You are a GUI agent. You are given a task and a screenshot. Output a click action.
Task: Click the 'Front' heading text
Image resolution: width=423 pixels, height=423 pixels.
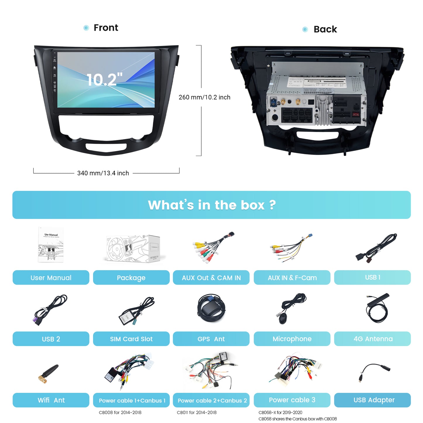click(106, 28)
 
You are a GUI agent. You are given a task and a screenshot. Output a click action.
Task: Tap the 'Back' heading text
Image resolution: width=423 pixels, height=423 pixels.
click(325, 29)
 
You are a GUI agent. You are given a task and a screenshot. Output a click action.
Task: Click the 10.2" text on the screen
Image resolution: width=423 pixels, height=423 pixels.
click(105, 79)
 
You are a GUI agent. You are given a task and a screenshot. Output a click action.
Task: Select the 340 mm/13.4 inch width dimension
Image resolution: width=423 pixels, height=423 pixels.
click(103, 173)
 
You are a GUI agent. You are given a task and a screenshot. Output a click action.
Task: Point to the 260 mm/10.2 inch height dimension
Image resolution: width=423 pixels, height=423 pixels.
click(204, 97)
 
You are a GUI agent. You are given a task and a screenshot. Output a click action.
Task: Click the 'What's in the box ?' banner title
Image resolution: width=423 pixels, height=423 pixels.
click(212, 205)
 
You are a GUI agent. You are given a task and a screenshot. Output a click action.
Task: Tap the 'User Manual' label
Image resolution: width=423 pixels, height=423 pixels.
click(51, 278)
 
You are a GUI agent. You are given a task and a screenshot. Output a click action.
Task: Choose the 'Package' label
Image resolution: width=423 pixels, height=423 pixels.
click(131, 278)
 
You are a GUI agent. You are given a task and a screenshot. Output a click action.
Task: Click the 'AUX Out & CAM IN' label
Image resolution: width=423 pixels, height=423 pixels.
click(211, 278)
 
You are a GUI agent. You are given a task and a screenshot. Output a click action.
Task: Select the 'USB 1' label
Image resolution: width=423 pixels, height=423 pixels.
click(372, 277)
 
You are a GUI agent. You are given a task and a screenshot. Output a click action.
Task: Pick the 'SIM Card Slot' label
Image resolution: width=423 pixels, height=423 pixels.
click(131, 339)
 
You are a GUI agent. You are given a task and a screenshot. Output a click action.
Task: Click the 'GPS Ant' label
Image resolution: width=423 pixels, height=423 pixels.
click(211, 339)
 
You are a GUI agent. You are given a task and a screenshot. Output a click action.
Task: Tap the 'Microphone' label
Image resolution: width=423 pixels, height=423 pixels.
click(292, 339)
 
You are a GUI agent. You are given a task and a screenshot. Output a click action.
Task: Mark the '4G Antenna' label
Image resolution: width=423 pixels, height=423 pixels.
click(373, 339)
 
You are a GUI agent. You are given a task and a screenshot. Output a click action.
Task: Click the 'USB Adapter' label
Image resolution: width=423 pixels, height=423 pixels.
click(374, 400)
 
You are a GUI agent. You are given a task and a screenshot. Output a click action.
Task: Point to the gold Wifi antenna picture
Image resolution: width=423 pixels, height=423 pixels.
click(48, 374)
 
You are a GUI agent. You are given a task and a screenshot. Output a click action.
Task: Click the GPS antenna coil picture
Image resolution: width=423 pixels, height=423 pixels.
click(211, 309)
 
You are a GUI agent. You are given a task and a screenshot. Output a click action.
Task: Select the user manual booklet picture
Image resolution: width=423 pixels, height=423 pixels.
click(51, 245)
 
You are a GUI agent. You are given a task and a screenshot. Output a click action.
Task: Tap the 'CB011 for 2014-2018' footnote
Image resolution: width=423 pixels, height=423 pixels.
click(197, 412)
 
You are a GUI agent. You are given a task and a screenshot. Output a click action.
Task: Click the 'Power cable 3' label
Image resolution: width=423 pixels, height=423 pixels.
click(292, 400)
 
